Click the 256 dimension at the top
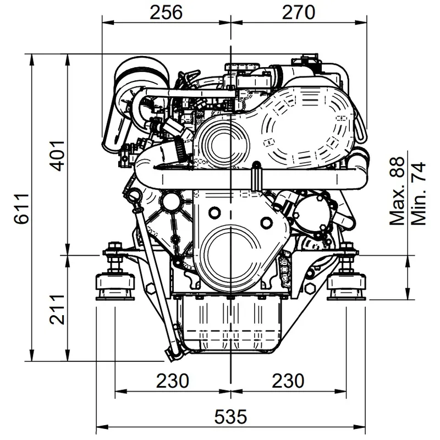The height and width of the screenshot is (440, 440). point(166,12)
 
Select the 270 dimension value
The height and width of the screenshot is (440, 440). point(299,12)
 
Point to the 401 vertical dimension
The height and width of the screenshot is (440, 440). point(61,156)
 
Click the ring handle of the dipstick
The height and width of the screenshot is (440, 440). point(135,195)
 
